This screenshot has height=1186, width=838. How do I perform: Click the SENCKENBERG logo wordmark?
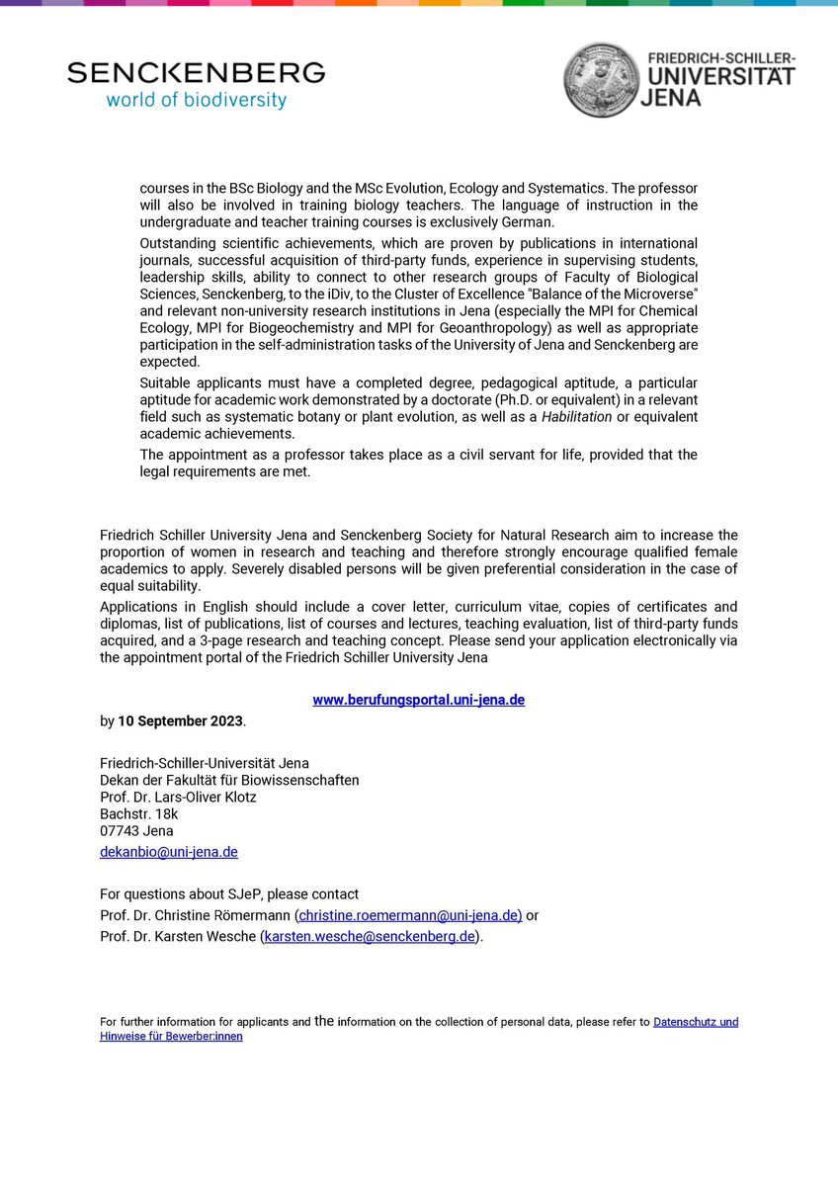pyautogui.click(x=196, y=72)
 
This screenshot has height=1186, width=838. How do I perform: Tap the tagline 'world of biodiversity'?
pyautogui.click(x=196, y=100)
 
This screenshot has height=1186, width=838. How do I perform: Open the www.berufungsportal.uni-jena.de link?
pyautogui.click(x=418, y=700)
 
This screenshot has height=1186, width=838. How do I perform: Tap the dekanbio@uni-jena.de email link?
pyautogui.click(x=168, y=851)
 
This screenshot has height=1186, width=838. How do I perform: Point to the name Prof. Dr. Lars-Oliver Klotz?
pyautogui.click(x=178, y=797)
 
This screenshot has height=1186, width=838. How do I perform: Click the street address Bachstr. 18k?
pyautogui.click(x=139, y=813)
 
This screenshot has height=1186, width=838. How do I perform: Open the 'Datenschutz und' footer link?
pyautogui.click(x=695, y=1022)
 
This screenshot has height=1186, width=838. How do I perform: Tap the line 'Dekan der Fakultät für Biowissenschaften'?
pyautogui.click(x=229, y=780)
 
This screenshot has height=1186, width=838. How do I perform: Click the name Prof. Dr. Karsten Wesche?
pyautogui.click(x=178, y=936)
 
